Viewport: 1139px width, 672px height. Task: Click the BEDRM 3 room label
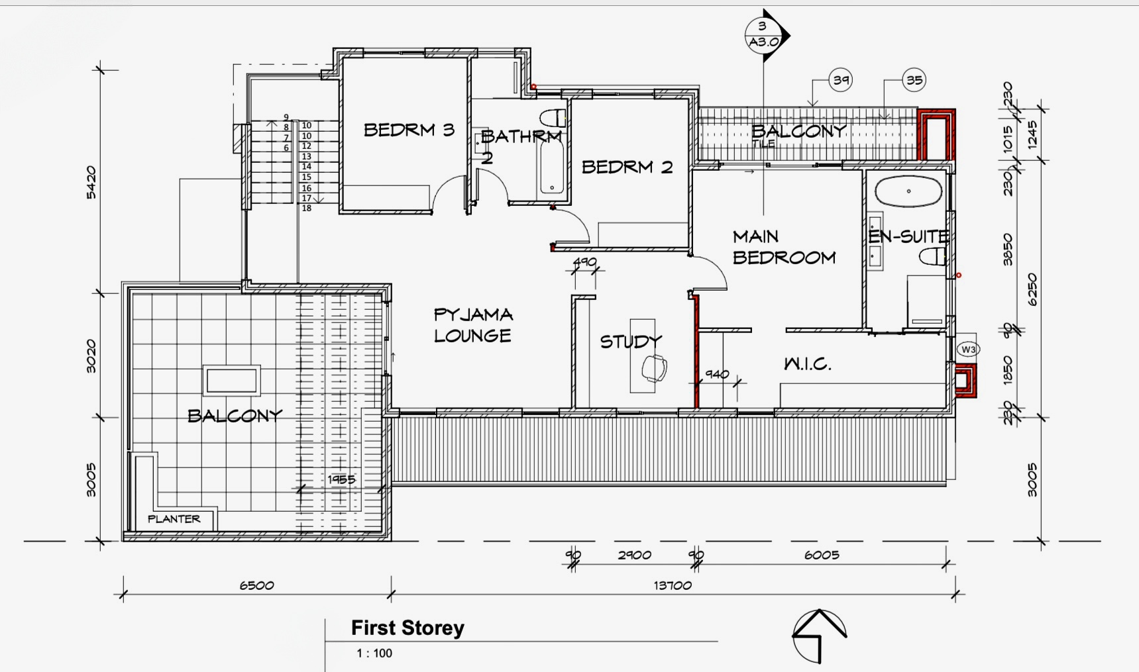pyautogui.click(x=409, y=130)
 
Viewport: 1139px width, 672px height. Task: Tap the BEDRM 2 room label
pyautogui.click(x=627, y=167)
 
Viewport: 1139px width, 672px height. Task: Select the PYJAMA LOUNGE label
pyautogui.click(x=473, y=325)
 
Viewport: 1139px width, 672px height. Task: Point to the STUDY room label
pyautogui.click(x=631, y=342)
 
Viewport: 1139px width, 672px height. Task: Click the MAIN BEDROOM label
pyautogui.click(x=784, y=247)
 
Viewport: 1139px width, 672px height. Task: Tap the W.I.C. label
pyautogui.click(x=807, y=363)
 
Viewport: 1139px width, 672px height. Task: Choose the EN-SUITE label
pyautogui.click(x=908, y=236)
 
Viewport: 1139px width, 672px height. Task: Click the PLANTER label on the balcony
pyautogui.click(x=174, y=519)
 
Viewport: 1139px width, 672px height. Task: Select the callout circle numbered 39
pyautogui.click(x=840, y=80)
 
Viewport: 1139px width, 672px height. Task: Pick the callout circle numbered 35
pyautogui.click(x=914, y=80)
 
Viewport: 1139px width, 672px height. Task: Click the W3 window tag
pyautogui.click(x=968, y=349)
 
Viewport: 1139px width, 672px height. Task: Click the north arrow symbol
pyautogui.click(x=820, y=636)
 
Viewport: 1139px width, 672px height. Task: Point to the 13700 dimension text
pyautogui.click(x=673, y=585)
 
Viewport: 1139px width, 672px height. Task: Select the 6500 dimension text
pyautogui.click(x=256, y=585)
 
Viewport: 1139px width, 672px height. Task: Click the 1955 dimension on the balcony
pyautogui.click(x=341, y=479)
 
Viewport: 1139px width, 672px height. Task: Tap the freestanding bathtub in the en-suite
pyautogui.click(x=908, y=191)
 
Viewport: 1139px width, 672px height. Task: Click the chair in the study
pyautogui.click(x=655, y=368)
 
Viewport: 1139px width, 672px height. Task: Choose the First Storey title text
pyautogui.click(x=407, y=628)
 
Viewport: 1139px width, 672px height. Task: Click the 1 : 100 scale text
pyautogui.click(x=374, y=653)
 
